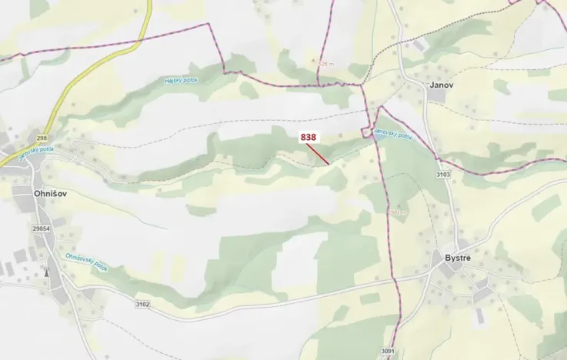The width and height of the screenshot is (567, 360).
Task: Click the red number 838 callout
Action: coord(308,137)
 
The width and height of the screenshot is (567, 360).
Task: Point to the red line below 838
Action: coord(319,154)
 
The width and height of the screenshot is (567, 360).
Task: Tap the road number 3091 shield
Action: coord(387,352)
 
